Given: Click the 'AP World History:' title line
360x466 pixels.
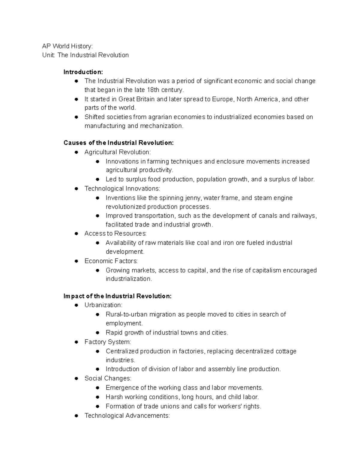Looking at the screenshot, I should coord(67,46).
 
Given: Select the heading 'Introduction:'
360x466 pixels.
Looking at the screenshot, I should coord(83,72).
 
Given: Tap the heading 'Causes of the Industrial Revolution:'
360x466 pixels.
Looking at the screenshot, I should coord(118,143).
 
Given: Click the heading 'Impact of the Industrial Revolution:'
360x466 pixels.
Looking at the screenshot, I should coord(118,296).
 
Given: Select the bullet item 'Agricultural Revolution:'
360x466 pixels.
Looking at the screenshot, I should coord(118,152).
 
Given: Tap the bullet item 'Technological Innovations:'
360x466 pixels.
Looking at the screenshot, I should coord(122,188).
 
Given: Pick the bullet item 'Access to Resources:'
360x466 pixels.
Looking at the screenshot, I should coord(115,233).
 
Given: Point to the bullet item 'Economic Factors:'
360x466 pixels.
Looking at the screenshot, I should coord(111,261).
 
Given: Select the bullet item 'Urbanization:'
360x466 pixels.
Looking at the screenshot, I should coord(103,305).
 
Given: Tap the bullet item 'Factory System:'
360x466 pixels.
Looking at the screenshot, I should coord(108,342).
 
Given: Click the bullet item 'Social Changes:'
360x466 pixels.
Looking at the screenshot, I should coord(108,378).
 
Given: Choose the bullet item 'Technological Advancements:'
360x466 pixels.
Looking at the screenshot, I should coord(127,416).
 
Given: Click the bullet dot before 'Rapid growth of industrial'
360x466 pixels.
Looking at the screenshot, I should coord(97,333).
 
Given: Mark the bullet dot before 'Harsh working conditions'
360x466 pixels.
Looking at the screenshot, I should coord(97,397).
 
